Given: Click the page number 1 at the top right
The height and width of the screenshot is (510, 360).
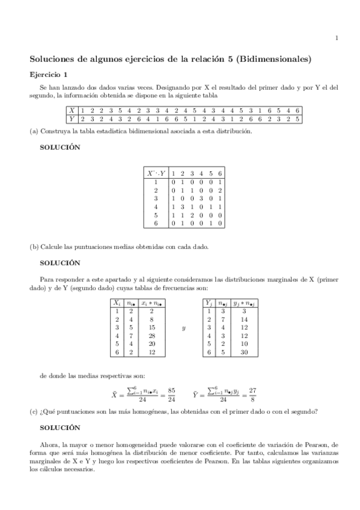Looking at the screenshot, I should click(337, 39).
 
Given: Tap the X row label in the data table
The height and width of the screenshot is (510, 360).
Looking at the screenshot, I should click(72, 110).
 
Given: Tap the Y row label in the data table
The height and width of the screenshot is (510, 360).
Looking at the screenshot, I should click(72, 118).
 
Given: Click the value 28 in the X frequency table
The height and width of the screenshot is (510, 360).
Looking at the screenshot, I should click(152, 336).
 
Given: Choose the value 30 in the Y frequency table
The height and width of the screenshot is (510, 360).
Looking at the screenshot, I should click(245, 352).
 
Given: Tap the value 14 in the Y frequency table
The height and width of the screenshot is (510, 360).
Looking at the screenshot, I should click(245, 319).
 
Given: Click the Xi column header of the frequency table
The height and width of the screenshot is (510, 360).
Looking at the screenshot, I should click(117, 303).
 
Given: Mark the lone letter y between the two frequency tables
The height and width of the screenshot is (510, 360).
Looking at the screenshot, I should click(183, 328).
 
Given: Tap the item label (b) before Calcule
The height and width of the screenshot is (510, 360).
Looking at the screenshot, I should click(34, 247).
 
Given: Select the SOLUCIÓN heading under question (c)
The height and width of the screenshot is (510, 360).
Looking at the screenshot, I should click(59, 428).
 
